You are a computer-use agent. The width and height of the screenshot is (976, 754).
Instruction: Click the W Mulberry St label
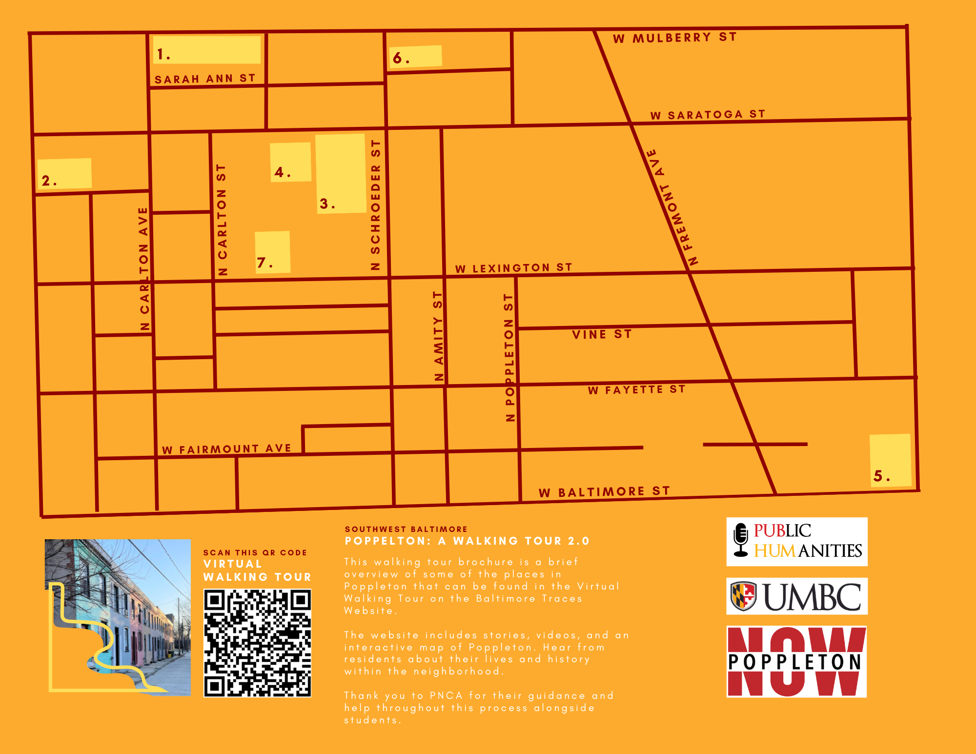674,38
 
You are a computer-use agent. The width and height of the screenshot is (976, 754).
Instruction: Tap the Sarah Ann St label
205,79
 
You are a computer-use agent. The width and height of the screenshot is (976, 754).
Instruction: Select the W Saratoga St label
708,115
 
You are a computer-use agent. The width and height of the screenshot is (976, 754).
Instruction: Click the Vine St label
602,334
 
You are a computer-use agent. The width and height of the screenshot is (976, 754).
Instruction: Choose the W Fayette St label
636,389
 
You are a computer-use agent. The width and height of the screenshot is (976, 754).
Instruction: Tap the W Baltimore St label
604,492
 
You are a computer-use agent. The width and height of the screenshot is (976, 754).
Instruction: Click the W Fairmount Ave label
226,449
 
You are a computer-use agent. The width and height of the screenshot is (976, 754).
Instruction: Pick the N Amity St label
439,336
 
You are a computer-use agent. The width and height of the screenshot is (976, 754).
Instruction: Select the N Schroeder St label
375,205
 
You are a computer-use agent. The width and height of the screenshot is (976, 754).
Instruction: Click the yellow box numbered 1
207,50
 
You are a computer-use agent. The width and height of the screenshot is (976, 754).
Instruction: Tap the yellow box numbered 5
891,460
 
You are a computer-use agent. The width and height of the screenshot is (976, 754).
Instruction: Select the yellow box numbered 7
272,252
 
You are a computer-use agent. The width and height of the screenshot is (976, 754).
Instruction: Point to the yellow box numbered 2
64,174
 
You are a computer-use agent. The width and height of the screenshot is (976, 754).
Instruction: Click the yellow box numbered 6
416,57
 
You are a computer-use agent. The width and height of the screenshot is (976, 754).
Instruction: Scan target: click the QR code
257,643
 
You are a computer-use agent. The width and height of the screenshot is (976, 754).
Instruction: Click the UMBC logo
796,596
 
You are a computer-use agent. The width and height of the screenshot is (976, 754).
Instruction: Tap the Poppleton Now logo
796,662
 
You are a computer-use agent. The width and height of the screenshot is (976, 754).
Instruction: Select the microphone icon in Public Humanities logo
741,540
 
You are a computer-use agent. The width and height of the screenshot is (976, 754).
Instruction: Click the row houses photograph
118,617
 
